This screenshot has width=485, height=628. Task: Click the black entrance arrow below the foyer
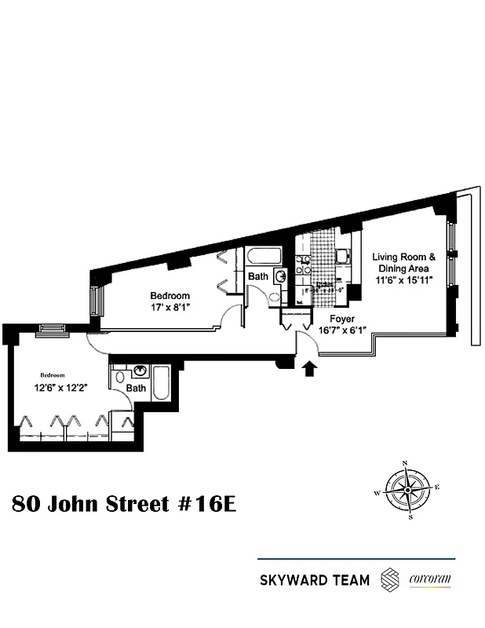[308, 367]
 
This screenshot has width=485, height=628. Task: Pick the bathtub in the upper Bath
[258, 257]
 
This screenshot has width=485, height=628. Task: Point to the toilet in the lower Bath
[119, 380]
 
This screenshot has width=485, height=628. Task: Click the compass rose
[407, 491]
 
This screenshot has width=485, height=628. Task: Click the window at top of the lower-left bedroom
[53, 330]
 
